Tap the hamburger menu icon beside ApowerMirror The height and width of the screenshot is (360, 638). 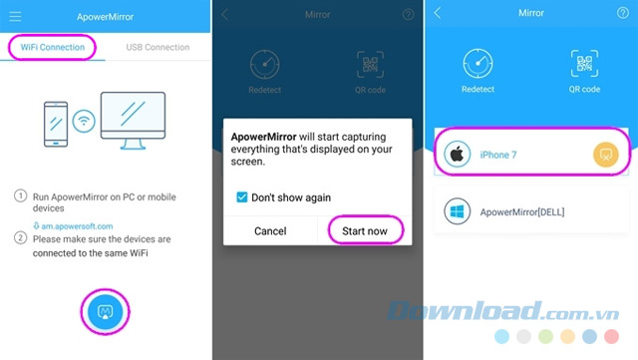16,17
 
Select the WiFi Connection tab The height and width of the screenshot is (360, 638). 53,47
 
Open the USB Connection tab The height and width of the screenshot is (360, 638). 158,47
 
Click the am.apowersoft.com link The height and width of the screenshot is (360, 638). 73,226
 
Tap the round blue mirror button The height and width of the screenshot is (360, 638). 105,312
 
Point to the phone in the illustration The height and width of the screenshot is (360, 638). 56,124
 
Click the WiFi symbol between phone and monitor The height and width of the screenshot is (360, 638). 84,121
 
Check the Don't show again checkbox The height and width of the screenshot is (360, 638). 241,197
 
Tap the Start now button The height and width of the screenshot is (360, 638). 365,231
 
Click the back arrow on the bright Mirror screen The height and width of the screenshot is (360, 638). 438,13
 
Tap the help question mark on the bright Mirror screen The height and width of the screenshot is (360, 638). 622,13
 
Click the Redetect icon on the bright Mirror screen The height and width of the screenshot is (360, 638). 478,64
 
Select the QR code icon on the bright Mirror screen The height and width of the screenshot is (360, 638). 584,64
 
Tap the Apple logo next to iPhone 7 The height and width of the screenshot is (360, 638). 457,155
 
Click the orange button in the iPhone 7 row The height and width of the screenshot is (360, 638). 606,155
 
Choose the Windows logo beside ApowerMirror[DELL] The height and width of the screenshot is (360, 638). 457,211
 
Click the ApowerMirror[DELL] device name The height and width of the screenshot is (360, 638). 522,212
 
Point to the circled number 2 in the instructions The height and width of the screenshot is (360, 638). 20,237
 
